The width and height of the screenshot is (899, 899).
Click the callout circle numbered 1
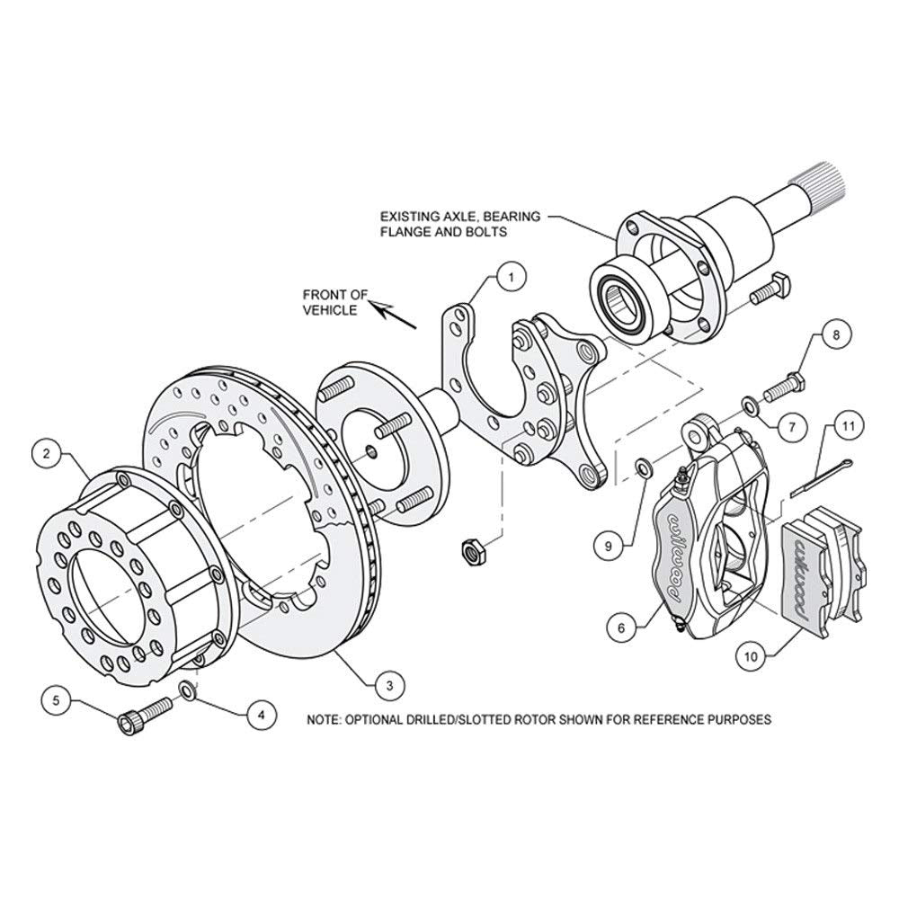pos(512,278)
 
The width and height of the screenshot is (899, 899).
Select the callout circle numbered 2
pos(47,454)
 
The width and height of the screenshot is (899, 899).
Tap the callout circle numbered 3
pos(390,685)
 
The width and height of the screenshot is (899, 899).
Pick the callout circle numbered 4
pos(262,716)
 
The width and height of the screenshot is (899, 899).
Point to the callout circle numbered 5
pos(56,700)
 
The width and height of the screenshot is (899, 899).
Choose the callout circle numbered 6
pos(622,628)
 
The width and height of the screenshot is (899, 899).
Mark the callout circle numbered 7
pos(792,426)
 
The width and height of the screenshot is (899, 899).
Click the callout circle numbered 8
pos(836,334)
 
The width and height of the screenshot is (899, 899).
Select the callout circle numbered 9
pos(609,547)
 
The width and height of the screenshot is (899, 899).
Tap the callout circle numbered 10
pos(751,657)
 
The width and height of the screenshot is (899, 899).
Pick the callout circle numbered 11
pos(849,426)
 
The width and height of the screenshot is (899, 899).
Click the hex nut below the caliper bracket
pos(474,552)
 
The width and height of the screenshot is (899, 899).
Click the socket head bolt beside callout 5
pos(145,715)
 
